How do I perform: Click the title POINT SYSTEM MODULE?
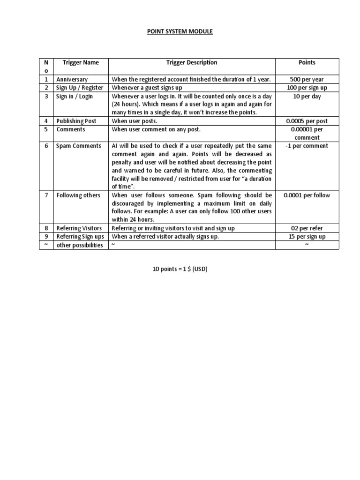pos(180,31)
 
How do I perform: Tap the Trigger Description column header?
pos(192,62)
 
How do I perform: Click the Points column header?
pos(307,62)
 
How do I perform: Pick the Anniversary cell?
pos(72,80)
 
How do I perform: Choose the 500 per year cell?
pos(307,80)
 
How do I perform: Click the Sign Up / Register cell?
pos(79,88)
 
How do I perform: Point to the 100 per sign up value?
pos(307,88)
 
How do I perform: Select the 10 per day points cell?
pos(307,97)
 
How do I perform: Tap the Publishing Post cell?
pos(76,121)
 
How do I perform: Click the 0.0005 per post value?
pos(307,121)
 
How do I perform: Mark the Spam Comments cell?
pos(78,146)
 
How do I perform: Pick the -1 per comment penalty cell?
pos(307,146)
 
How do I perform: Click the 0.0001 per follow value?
pos(307,195)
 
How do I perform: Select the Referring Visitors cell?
pos(79,228)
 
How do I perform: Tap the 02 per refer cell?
pos(307,228)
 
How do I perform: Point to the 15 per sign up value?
pos(307,237)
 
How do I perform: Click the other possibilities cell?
pos(79,245)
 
